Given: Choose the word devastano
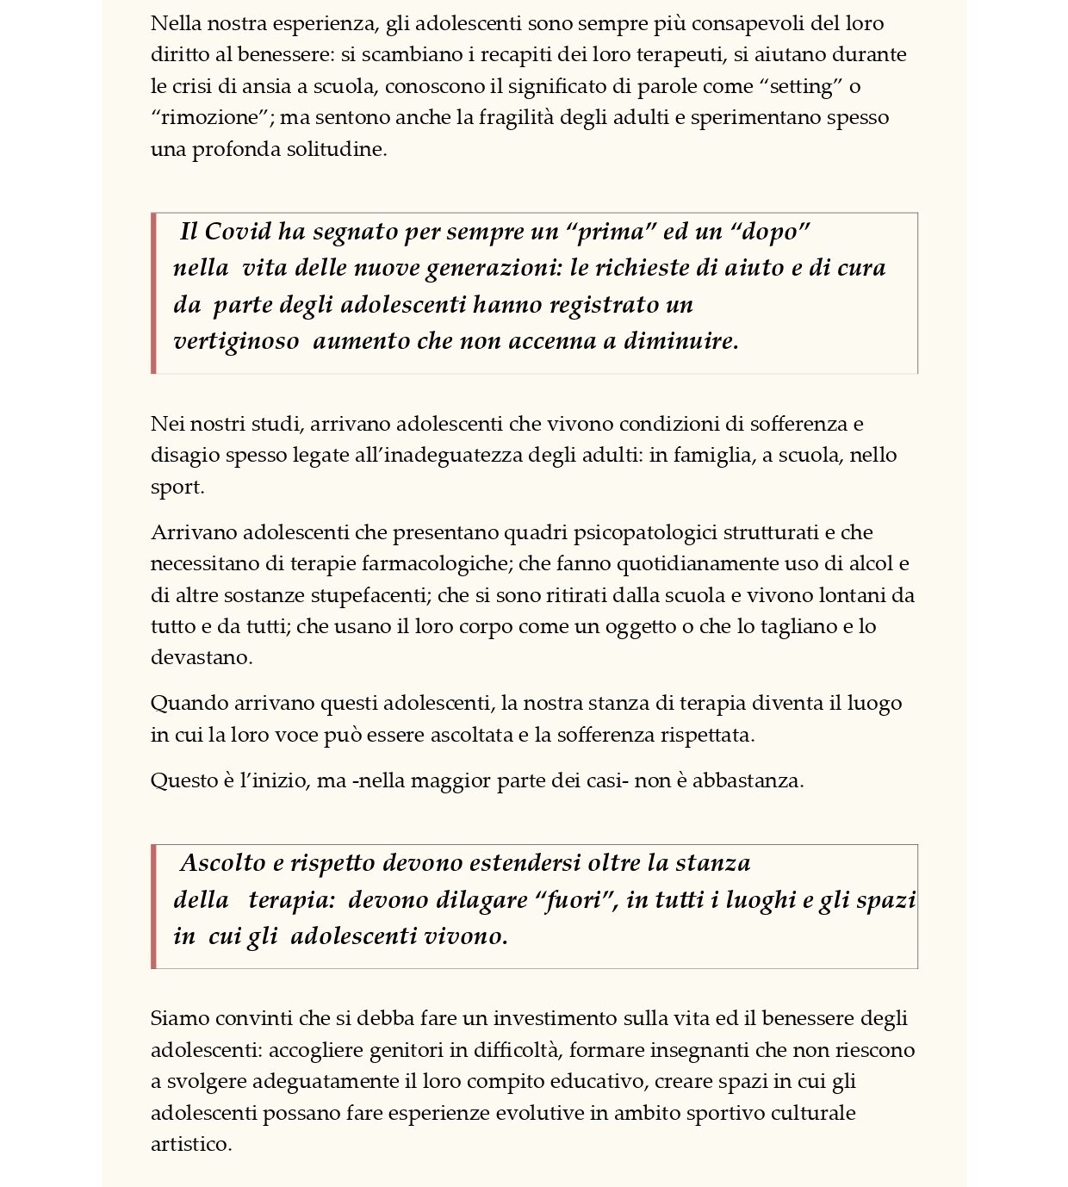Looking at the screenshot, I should point(202,657).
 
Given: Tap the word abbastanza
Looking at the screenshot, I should point(748,780).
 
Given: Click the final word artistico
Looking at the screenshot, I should point(191,1144).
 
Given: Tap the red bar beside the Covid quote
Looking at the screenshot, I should point(153,293).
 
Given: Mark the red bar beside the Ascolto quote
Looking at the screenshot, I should point(153,906).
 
